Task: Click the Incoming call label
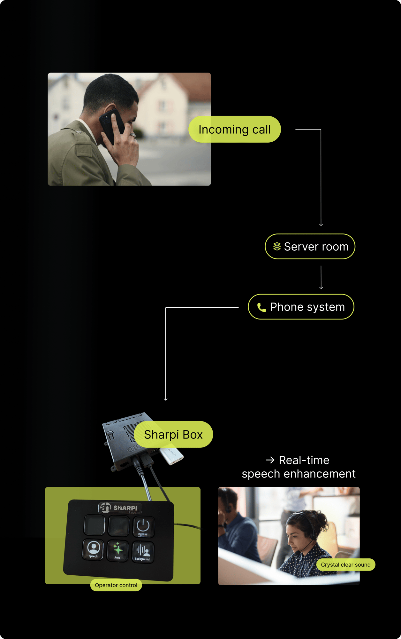point(235,130)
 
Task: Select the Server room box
point(310,247)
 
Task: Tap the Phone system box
point(301,307)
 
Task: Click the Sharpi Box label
point(173,435)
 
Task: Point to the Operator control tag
point(116,585)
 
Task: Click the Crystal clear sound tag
point(346,565)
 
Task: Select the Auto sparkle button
point(118,550)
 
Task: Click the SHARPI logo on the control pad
point(119,508)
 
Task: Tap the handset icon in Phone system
point(261,307)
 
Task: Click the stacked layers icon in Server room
point(277,247)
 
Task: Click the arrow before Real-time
point(270,460)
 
